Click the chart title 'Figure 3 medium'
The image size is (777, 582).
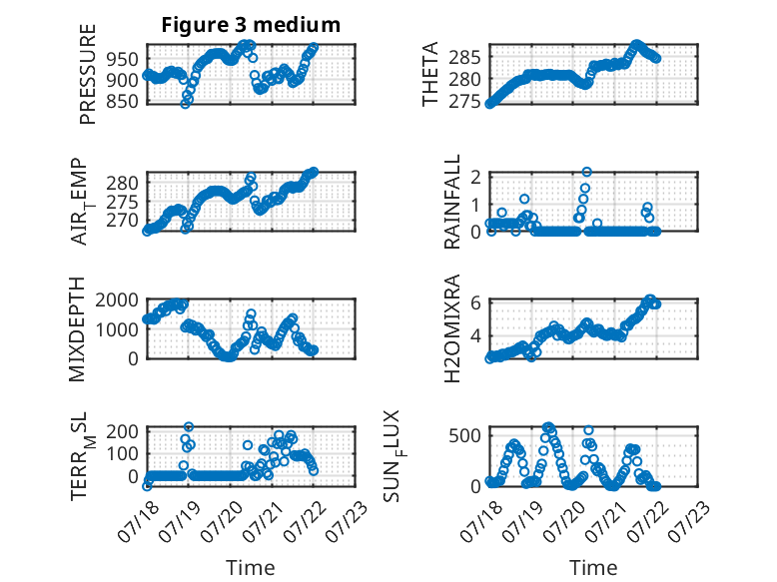[x=251, y=25]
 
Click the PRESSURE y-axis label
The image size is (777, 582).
[x=87, y=74]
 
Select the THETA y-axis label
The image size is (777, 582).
[x=430, y=74]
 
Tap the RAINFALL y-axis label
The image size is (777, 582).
[x=452, y=202]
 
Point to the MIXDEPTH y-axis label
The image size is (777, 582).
[x=77, y=329]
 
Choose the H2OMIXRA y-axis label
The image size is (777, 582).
[x=452, y=328]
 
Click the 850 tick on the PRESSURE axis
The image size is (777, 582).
[x=123, y=101]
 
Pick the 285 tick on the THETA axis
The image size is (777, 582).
[x=464, y=58]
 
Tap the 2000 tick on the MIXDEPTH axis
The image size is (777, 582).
[x=117, y=300]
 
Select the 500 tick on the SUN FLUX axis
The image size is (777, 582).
[x=464, y=436]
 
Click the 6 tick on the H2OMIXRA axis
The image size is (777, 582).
[x=475, y=302]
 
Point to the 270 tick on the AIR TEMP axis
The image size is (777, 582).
[x=123, y=220]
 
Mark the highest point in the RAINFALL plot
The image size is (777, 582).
[x=586, y=172]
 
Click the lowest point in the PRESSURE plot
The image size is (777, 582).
[x=185, y=104]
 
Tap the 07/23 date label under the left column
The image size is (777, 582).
[x=348, y=520]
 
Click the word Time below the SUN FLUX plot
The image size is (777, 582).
[x=593, y=567]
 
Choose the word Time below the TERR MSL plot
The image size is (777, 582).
[x=251, y=567]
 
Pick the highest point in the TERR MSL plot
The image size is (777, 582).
[x=189, y=426]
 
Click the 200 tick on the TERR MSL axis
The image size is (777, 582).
[x=123, y=431]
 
